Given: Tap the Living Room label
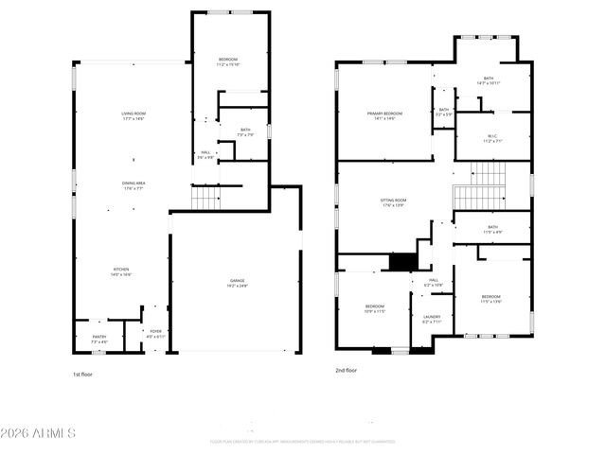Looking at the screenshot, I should [133, 113].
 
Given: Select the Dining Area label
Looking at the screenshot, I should [133, 183].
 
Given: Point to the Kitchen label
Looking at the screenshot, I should [121, 270].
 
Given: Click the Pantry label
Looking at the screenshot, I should [99, 336].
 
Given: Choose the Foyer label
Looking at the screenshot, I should [155, 331].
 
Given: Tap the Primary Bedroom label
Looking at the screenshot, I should [385, 113].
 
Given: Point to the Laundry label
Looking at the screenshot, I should [432, 317].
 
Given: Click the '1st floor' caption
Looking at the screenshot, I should [83, 374].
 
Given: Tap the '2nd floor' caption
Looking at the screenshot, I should [346, 371].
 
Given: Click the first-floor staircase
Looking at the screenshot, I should [205, 198].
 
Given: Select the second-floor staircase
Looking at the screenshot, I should [489, 184].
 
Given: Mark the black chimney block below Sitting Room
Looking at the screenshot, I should [404, 262].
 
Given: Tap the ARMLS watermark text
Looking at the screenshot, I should [39, 434].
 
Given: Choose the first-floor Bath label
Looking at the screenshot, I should [245, 130].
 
